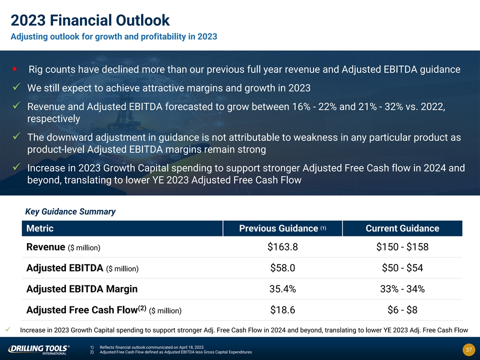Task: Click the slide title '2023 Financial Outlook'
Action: click(90, 20)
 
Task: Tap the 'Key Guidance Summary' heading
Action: click(70, 211)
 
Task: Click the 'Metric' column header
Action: click(40, 228)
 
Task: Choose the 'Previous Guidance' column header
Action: click(282, 228)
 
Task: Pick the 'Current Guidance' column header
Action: click(402, 228)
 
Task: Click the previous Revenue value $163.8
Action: click(282, 247)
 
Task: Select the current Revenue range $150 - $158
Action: click(402, 247)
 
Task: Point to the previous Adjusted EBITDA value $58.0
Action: click(282, 268)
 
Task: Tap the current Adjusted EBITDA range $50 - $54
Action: click(402, 268)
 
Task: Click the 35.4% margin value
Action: click(282, 289)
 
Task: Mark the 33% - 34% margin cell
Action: click(402, 289)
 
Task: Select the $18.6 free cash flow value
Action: click(282, 310)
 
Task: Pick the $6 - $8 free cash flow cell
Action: click(402, 310)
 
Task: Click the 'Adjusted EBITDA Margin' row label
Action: click(82, 289)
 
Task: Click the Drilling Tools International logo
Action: click(39, 349)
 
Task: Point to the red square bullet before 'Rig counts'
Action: click(15, 68)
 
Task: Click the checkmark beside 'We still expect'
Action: click(16, 88)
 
